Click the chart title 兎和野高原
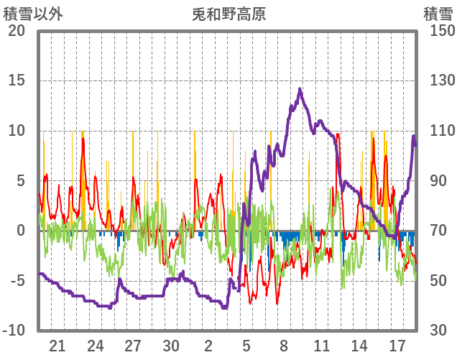228,14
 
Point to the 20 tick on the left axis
16,31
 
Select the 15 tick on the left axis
16,80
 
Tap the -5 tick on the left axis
16,280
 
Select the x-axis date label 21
58,346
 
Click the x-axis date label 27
133,346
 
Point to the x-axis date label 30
170,346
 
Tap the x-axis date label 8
284,346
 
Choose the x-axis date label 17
397,346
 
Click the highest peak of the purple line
300,89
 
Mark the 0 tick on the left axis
20,231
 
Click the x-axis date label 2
208,346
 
